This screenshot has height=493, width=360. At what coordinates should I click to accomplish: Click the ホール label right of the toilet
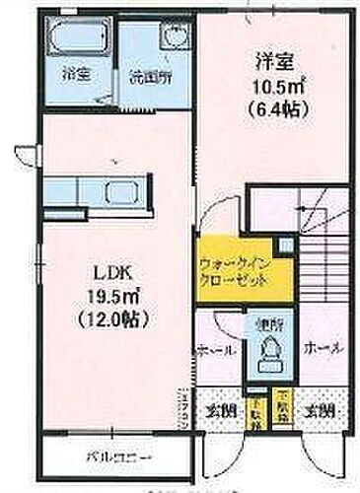pos(324,350)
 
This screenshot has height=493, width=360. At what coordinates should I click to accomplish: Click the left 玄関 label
pos(220,409)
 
